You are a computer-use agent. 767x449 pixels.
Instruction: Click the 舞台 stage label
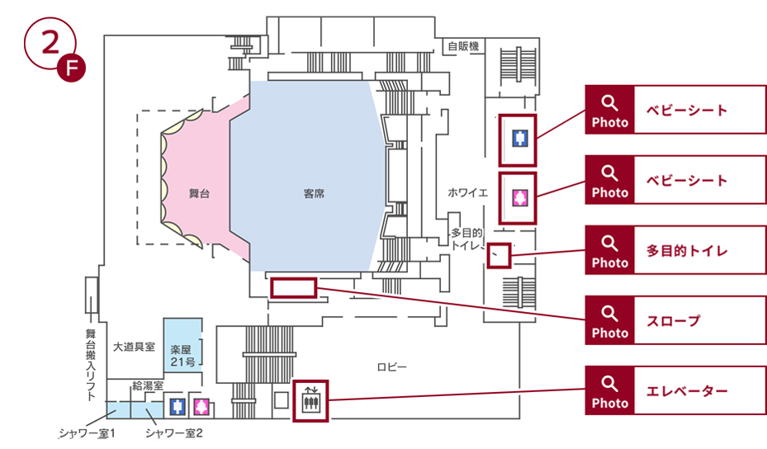199,195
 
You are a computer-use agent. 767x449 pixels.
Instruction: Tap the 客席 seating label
314,195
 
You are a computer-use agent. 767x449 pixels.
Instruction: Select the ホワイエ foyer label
468,192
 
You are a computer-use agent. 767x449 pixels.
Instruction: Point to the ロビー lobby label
392,366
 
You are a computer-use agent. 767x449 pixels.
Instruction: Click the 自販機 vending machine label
463,47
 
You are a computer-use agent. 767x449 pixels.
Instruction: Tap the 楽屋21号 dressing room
182,355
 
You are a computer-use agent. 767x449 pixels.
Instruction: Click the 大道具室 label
134,347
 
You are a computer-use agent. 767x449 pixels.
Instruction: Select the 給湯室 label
148,385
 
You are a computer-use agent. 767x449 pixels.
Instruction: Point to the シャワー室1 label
86,433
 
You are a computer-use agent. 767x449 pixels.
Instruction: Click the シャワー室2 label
173,433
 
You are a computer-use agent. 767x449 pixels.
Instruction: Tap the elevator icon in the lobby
311,401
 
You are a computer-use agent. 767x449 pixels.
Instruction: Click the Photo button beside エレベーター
610,390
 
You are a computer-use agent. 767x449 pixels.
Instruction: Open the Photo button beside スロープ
610,320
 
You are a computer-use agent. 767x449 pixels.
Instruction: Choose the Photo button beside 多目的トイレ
610,250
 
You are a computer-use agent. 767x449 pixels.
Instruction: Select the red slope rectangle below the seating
293,287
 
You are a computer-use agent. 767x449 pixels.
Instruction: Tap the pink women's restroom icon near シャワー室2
201,406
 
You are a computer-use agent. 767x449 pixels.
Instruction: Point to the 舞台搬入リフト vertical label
91,364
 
